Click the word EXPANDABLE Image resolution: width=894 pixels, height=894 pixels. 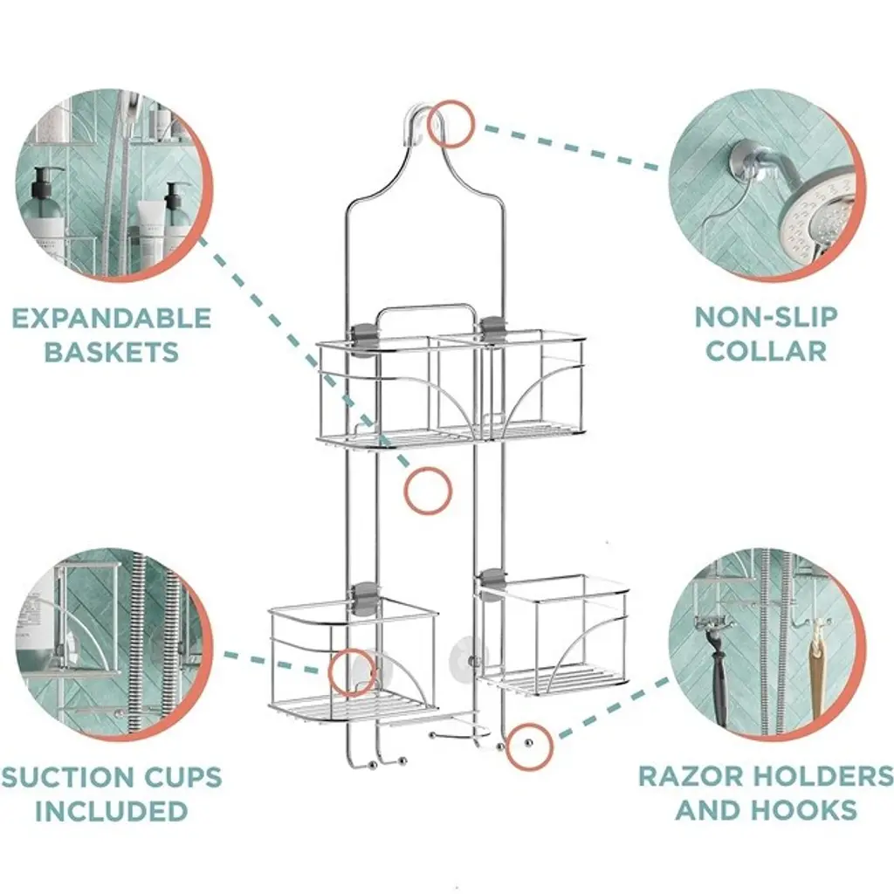pyautogui.click(x=112, y=318)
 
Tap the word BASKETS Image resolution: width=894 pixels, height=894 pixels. pyautogui.click(x=112, y=352)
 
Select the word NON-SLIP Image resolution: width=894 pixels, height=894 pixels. pyautogui.click(x=767, y=317)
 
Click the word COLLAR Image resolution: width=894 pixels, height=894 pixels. pyautogui.click(x=767, y=351)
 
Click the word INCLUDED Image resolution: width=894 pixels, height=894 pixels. pyautogui.click(x=112, y=811)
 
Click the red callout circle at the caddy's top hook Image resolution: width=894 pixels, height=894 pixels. pyautogui.click(x=450, y=124)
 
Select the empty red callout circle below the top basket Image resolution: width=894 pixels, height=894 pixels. pyautogui.click(x=428, y=491)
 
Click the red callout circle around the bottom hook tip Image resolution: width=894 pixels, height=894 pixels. pyautogui.click(x=529, y=747)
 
